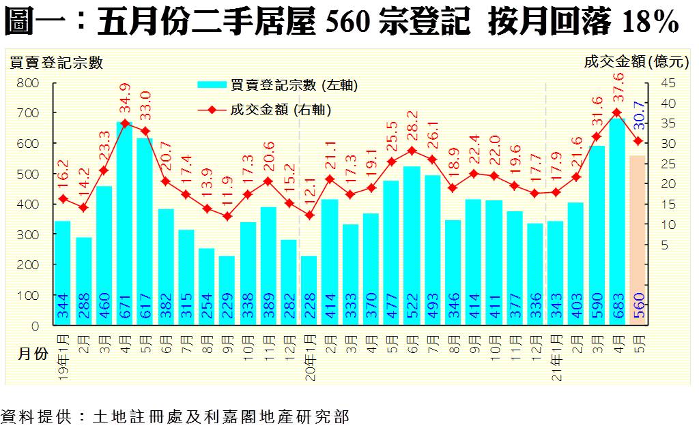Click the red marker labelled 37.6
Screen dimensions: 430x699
(x=617, y=112)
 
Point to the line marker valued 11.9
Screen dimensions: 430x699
(x=227, y=217)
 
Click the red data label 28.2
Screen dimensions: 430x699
(x=412, y=128)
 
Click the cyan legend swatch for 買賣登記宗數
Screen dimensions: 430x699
(x=213, y=85)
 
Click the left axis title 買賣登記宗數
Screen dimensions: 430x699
(x=55, y=63)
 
